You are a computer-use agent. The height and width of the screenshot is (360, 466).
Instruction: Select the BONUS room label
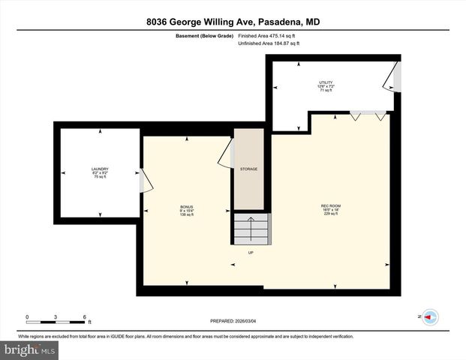click(x=186, y=209)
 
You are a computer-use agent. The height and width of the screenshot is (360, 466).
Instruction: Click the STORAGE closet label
click(x=248, y=169)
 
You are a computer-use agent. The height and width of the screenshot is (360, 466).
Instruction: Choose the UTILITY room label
click(x=326, y=85)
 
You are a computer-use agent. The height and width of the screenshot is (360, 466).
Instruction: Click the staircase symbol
click(x=251, y=229)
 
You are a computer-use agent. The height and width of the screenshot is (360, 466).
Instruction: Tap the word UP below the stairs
click(x=251, y=252)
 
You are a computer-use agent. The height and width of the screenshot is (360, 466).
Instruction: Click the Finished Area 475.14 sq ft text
click(x=268, y=35)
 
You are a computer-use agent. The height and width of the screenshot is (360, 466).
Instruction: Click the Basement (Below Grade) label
click(x=204, y=35)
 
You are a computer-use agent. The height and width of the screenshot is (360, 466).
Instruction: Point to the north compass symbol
click(x=430, y=317)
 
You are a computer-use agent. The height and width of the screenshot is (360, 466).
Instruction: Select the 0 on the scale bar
click(x=28, y=316)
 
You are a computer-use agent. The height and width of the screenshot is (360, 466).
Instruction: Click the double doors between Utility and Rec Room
click(x=368, y=115)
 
